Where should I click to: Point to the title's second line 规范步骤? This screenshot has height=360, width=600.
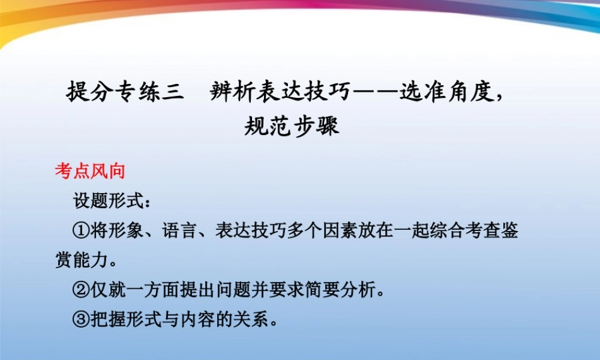click(x=292, y=126)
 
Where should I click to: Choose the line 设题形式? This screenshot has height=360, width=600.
click(x=112, y=201)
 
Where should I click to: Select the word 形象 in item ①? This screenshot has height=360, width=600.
click(x=125, y=232)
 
